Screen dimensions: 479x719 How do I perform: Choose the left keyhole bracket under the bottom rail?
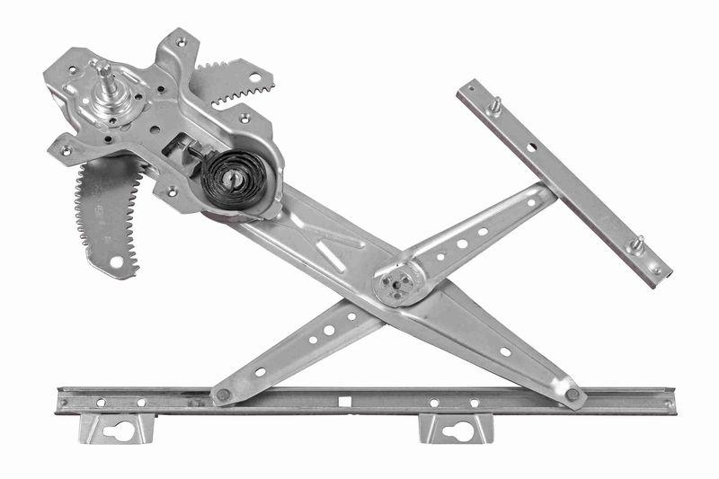coord(117,429)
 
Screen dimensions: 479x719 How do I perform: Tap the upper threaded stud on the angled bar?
coord(493,105)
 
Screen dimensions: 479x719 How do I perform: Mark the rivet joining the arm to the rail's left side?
coord(221,394)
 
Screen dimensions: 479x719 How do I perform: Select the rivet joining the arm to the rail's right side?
coord(572,395)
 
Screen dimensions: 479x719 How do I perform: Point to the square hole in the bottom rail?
coord(343,399)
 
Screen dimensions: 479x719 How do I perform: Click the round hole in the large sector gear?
coord(116,262)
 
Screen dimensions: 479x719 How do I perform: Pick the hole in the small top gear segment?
coord(254,78)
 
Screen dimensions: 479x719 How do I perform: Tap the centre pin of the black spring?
coord(232,178)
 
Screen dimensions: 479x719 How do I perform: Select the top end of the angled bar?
coord(466,88)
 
